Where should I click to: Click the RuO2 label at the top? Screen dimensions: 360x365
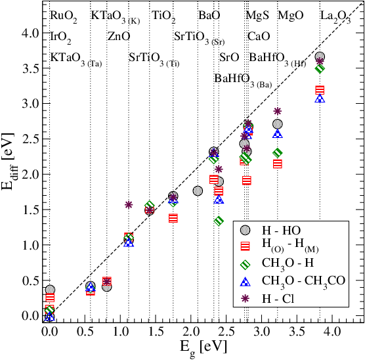coord(64,16)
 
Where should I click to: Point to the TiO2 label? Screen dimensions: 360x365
coord(163,16)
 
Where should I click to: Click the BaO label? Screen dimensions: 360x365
coord(209,16)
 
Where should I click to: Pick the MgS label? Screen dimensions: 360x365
coord(257,16)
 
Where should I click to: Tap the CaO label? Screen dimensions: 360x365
coord(258,36)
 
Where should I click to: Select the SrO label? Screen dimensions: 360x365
coord(229,57)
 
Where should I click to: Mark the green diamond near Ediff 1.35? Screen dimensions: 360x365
coord(219,221)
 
